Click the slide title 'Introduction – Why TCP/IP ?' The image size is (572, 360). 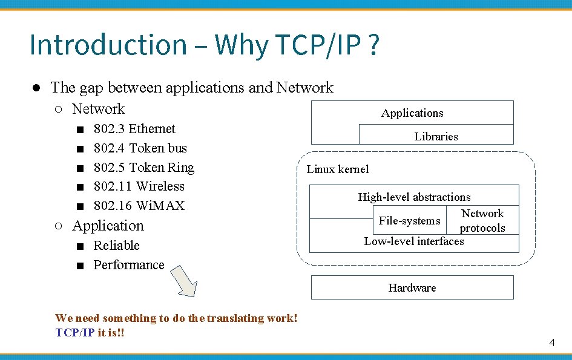[x=205, y=45]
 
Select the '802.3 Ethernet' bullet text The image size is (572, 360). [x=134, y=129]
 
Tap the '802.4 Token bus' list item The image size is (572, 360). [x=140, y=148]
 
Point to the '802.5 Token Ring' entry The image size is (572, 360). [x=143, y=168]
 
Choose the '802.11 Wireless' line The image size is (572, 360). [x=139, y=186]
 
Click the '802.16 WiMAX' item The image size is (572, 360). [x=139, y=206]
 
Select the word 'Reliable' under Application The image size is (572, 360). [x=116, y=246]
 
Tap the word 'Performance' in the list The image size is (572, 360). [x=128, y=265]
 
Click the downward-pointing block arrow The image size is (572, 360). [x=184, y=282]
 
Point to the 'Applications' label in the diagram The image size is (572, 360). [x=412, y=113]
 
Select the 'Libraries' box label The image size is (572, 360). [x=436, y=137]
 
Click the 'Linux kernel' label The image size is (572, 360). [x=337, y=169]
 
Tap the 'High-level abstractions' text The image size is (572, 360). [x=414, y=197]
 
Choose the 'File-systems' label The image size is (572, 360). [x=409, y=221]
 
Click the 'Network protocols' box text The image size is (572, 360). [x=482, y=221]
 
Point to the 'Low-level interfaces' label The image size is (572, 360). [x=414, y=241]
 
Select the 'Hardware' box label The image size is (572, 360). [x=412, y=288]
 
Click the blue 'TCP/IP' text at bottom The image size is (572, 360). [x=75, y=332]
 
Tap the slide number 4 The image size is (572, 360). [x=552, y=343]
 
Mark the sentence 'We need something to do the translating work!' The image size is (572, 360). [x=176, y=318]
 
